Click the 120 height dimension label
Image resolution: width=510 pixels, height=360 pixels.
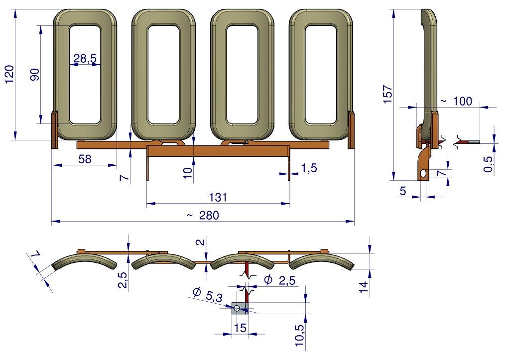coord(9,74)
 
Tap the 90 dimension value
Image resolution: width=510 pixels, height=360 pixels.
coord(34,75)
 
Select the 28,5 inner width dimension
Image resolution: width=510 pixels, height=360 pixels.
coord(85,59)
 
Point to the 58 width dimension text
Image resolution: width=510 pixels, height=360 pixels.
coord(85,159)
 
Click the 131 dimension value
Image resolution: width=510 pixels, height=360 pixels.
coord(218,197)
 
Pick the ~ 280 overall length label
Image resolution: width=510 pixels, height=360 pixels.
coord(203,215)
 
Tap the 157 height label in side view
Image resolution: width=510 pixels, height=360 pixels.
coord(387,94)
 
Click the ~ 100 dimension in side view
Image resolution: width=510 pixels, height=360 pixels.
coord(456,101)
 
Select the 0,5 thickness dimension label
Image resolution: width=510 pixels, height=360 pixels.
coord(489,164)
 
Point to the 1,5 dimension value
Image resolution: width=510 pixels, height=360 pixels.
coord(309,168)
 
